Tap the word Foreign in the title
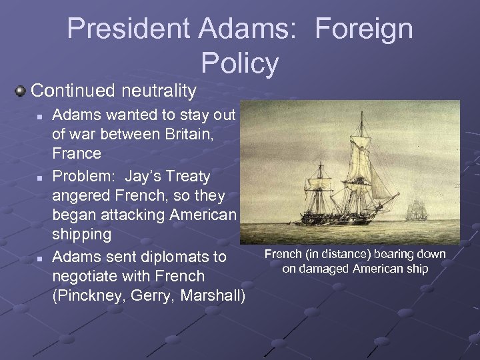(x=363, y=29)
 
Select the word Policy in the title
(x=239, y=63)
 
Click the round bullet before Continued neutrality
(x=21, y=90)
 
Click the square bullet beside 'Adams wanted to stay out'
(x=40, y=116)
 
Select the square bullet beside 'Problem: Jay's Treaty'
(x=40, y=178)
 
